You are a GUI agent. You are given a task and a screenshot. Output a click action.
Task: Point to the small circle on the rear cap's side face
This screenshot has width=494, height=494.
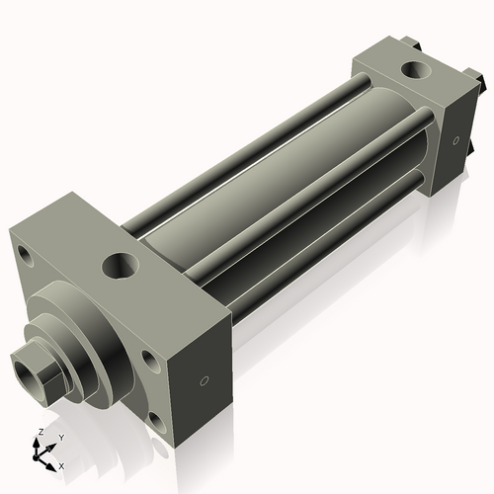click(455, 140)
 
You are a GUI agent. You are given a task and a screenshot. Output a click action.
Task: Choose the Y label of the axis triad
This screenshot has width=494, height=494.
click(60, 437)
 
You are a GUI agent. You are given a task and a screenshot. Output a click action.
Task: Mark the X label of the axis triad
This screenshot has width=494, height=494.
click(61, 464)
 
